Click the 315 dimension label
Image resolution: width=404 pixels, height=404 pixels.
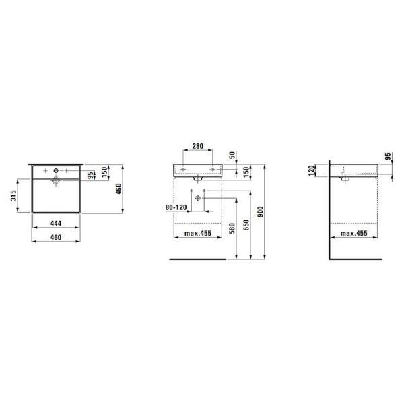tap(13, 195)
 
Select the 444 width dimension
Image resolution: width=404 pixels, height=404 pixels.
tap(56, 223)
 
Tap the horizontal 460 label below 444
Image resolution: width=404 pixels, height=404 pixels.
tap(56, 237)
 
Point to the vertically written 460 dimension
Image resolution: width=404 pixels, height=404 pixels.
tap(119, 189)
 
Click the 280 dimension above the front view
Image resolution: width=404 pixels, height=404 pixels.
tap(197, 146)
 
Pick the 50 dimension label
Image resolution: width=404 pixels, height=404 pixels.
tap(232, 155)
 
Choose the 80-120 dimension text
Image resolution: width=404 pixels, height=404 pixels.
tap(176, 207)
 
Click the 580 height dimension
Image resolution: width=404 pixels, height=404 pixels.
tap(232, 228)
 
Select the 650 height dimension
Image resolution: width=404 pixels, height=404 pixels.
tap(246, 225)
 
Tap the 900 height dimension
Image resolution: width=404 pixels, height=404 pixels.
tap(261, 211)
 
